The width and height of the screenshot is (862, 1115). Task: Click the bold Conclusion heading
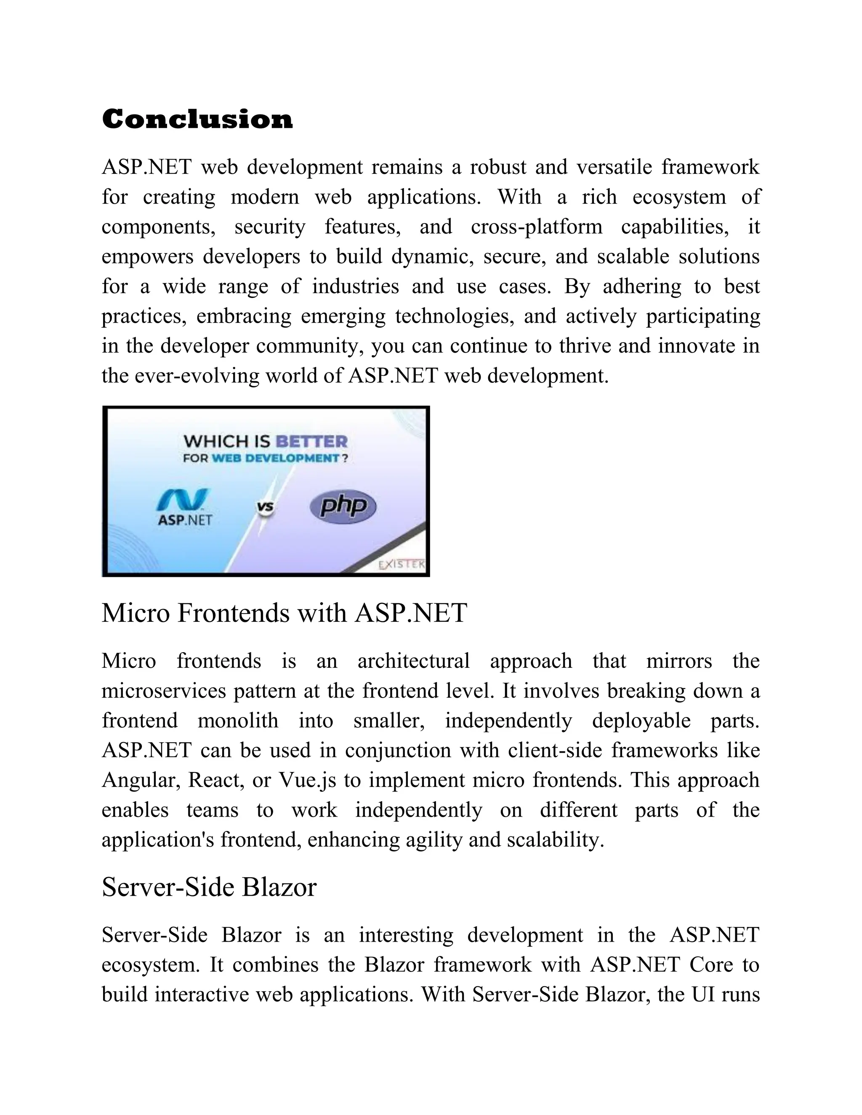(197, 119)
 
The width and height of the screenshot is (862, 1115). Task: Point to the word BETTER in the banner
(311, 441)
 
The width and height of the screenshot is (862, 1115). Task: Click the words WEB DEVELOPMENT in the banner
(275, 458)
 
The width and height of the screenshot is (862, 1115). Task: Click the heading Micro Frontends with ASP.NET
(284, 613)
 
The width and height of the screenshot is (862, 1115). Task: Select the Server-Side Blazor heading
(209, 887)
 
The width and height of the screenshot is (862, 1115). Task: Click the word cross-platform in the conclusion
(536, 227)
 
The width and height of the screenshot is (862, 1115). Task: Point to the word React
(216, 780)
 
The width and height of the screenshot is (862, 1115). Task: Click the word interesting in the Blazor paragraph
(406, 935)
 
